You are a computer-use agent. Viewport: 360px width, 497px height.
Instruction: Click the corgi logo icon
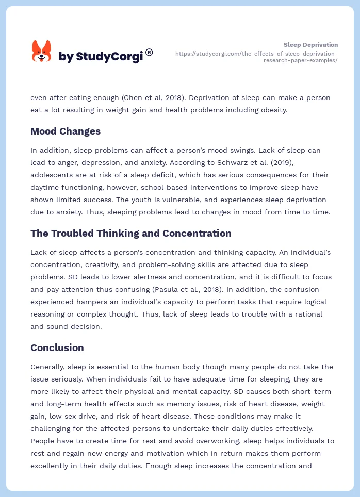click(x=41, y=52)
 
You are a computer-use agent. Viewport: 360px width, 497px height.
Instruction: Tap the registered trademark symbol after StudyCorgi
click(x=149, y=52)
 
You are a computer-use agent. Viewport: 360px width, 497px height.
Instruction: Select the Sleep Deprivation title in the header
click(x=310, y=45)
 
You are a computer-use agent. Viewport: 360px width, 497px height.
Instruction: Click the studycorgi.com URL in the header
click(x=256, y=57)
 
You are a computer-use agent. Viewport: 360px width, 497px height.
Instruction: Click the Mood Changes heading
click(x=66, y=131)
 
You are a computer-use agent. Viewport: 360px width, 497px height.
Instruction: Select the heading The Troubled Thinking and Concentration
click(x=131, y=233)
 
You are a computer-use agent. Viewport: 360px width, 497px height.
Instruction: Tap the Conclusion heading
click(x=57, y=347)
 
